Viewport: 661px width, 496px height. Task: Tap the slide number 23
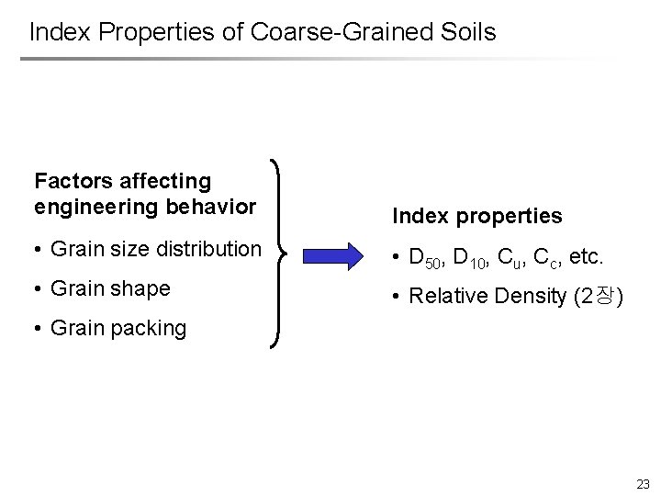tap(642, 483)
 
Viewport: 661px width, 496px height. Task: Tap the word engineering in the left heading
tap(95, 206)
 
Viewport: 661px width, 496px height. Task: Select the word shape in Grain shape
tap(140, 288)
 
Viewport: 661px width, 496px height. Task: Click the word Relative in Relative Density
tap(445, 296)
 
